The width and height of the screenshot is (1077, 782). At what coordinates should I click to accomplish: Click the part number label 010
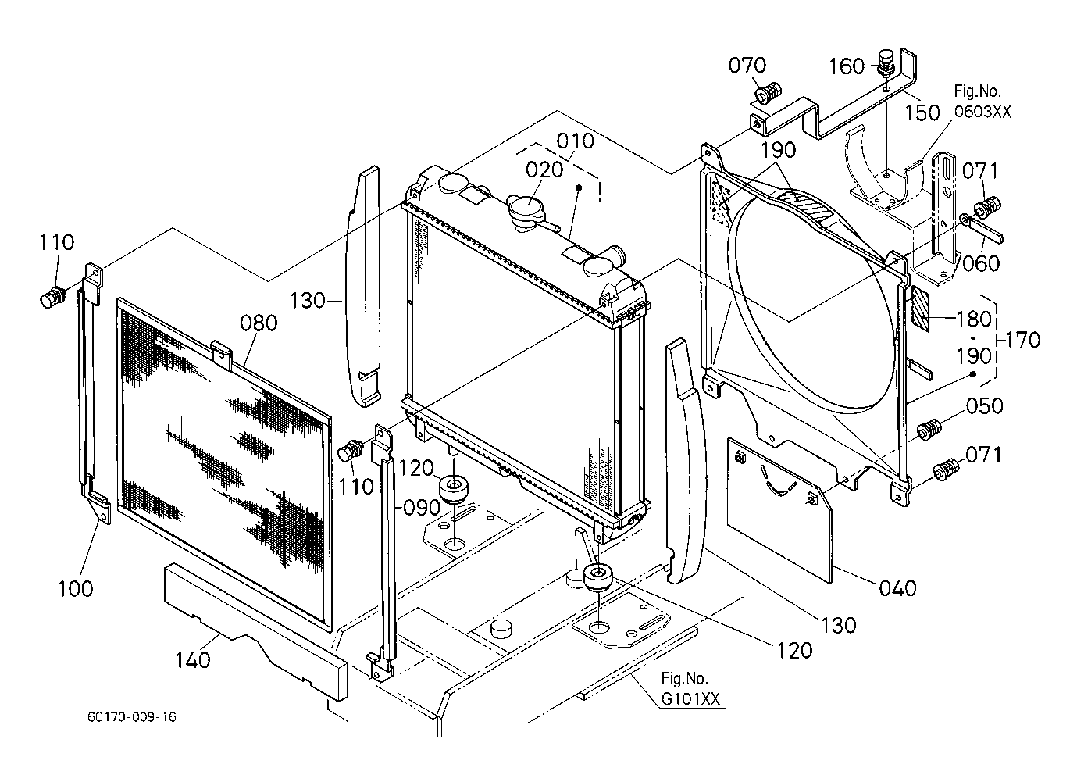(x=575, y=141)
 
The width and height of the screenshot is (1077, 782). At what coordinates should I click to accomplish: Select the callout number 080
(x=259, y=323)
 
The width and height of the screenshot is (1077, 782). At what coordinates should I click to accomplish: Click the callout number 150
(x=922, y=112)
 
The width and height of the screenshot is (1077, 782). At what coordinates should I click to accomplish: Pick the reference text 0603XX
(x=982, y=112)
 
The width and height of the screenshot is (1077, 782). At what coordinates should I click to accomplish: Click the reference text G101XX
(x=690, y=698)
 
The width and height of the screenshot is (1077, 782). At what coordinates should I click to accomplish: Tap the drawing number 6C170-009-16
(x=132, y=717)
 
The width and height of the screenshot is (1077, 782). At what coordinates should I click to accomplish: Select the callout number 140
(x=192, y=660)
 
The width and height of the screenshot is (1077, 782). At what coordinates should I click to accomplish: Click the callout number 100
(x=76, y=588)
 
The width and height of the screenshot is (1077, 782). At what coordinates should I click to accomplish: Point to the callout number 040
(x=897, y=587)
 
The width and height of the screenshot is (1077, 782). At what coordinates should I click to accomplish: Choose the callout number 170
(x=1022, y=340)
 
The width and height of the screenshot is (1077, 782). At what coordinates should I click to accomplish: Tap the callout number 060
(x=981, y=263)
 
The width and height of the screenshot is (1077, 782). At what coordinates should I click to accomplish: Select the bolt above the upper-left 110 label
(x=52, y=296)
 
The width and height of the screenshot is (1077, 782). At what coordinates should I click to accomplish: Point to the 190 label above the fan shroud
(x=778, y=150)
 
